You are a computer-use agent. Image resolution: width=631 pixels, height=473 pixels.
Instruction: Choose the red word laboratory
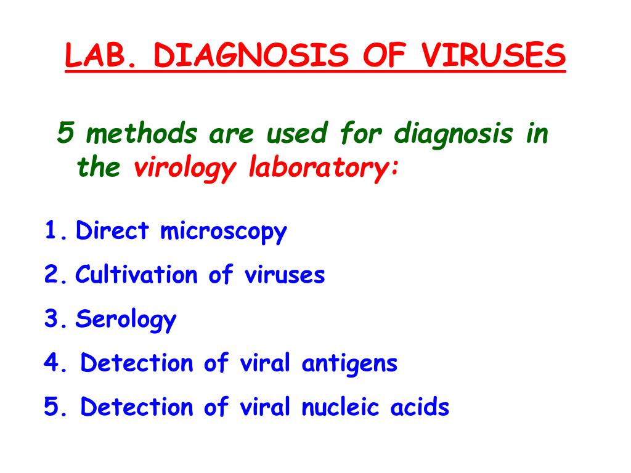point(322,168)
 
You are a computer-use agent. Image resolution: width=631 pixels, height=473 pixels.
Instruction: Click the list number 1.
point(52,232)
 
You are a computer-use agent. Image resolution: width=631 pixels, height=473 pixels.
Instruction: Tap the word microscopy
point(224,233)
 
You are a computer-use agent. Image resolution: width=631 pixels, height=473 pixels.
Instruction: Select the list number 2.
point(52,275)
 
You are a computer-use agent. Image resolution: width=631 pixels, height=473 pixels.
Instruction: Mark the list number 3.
point(52,320)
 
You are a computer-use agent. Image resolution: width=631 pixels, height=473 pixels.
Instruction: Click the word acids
point(420,408)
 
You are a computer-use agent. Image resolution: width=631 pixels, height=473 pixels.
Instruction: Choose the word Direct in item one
point(112,232)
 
